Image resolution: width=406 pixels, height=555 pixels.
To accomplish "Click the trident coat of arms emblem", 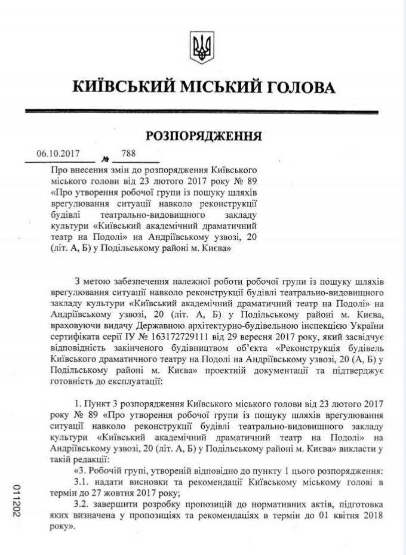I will click(x=202, y=47).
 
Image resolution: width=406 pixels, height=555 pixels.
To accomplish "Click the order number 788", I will click(x=128, y=153).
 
